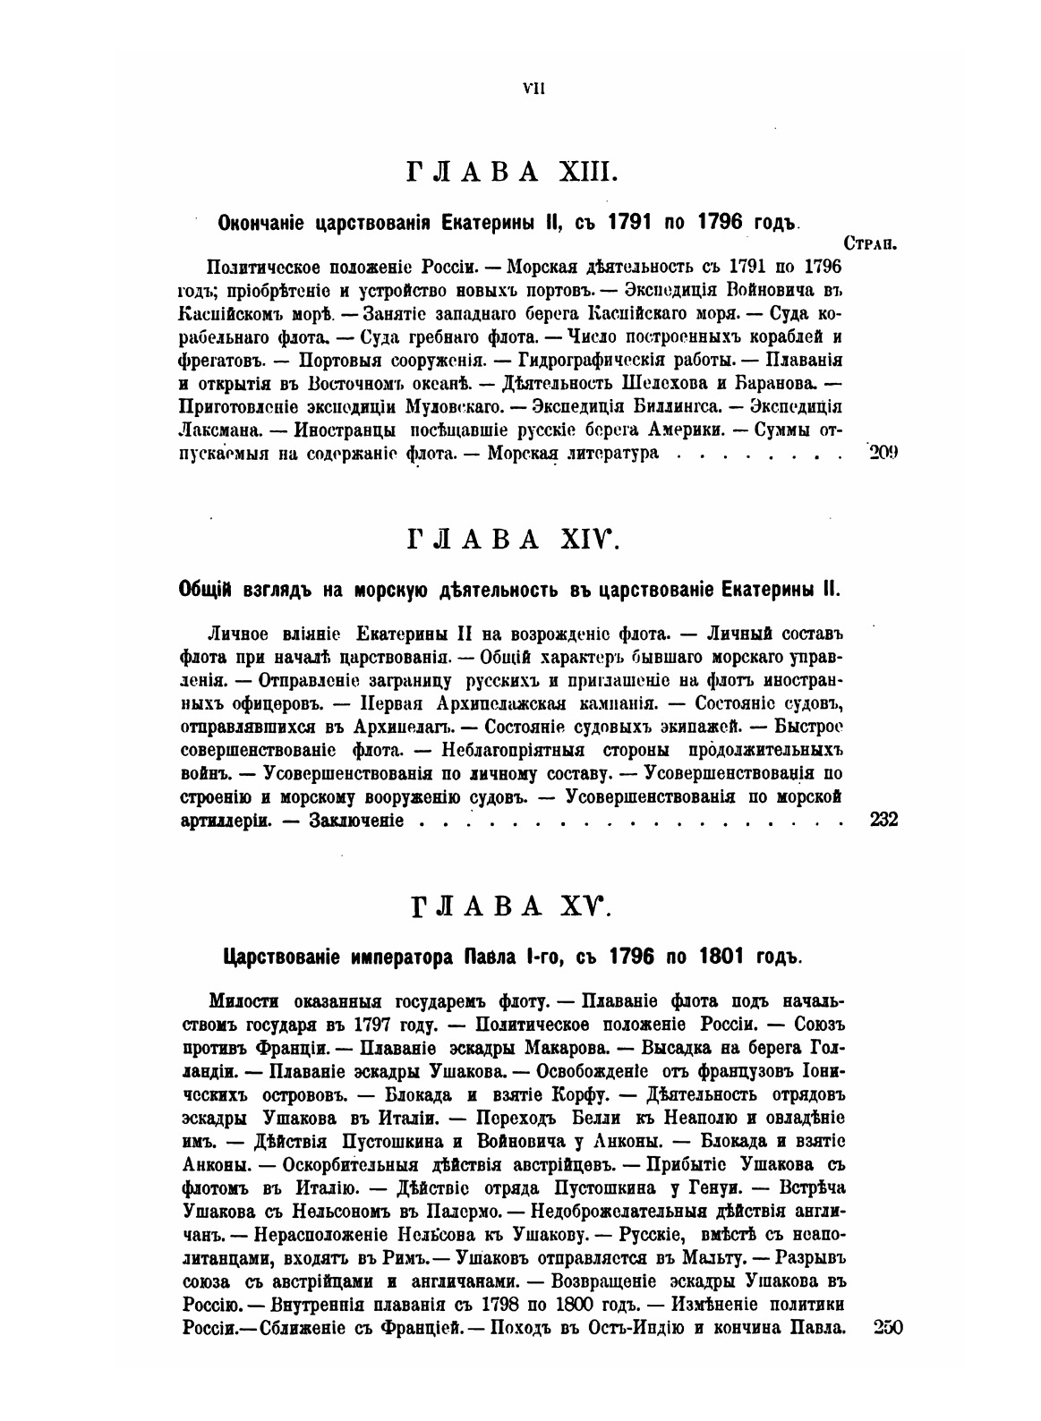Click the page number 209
[x=883, y=452]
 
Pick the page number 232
[x=883, y=820]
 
